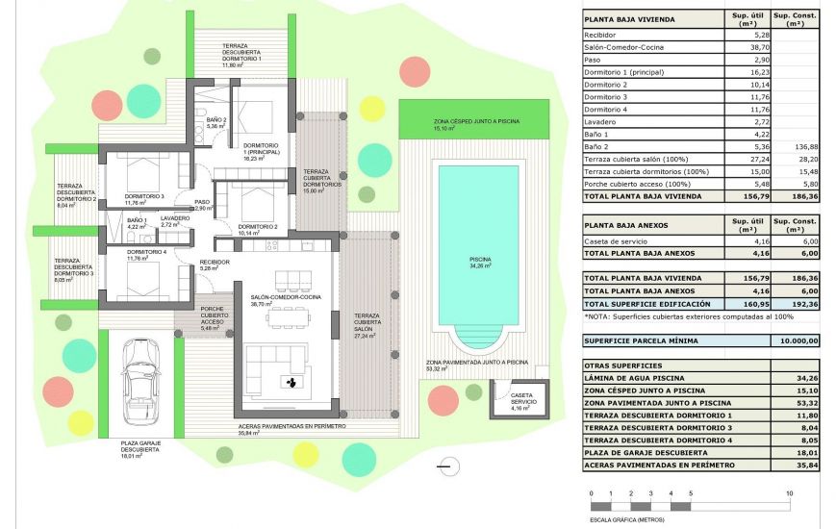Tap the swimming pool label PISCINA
click(x=480, y=260)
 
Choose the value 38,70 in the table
click(x=747, y=46)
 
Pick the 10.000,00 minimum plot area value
click(x=798, y=340)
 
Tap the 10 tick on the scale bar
click(x=789, y=493)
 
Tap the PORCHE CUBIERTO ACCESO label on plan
click(x=215, y=315)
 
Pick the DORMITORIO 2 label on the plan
click(x=258, y=226)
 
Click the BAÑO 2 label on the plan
click(x=215, y=120)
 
